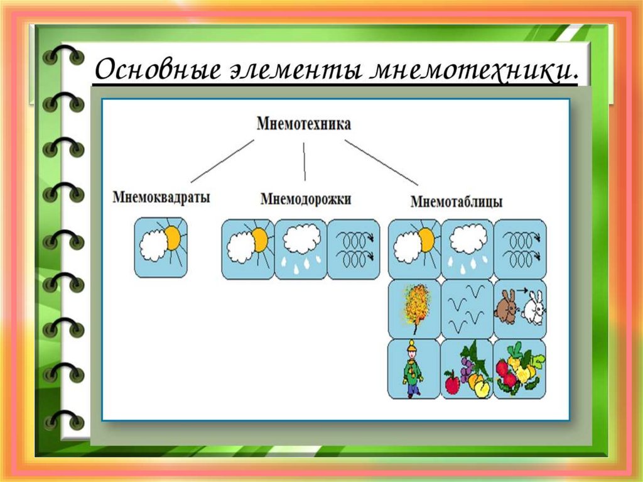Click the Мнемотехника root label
pyautogui.click(x=304, y=124)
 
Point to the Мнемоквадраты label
pyautogui.click(x=161, y=197)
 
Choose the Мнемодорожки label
pyautogui.click(x=306, y=199)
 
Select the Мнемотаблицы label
pyautogui.click(x=457, y=202)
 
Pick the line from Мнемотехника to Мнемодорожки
pyautogui.click(x=305, y=162)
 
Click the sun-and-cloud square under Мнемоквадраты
pyautogui.click(x=161, y=248)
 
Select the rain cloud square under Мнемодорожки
pyautogui.click(x=301, y=249)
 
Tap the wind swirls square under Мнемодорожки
pyautogui.click(x=354, y=249)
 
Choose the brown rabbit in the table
pyautogui.click(x=505, y=307)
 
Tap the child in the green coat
pyautogui.click(x=413, y=370)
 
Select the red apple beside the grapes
pyautogui.click(x=452, y=382)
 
